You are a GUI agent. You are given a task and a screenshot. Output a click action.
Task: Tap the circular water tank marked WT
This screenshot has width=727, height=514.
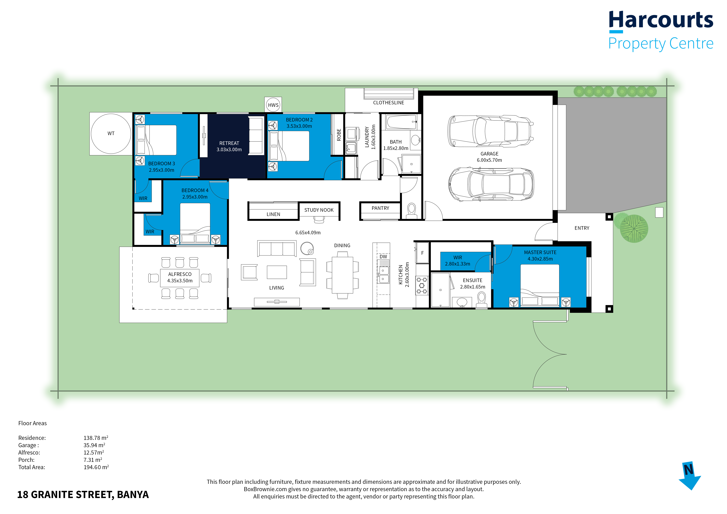coord(111,134)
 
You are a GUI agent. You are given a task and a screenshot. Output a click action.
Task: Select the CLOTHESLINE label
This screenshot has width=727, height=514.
coord(389,103)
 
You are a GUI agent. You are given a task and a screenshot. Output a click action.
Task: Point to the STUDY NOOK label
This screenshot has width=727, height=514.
coord(319,210)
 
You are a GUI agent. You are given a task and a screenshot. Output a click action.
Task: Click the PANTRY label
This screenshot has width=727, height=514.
coord(380,208)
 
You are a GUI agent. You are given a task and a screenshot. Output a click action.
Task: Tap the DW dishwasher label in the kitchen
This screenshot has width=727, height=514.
coord(383,257)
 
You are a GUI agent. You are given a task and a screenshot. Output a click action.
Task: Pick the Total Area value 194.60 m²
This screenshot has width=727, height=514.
coord(96,467)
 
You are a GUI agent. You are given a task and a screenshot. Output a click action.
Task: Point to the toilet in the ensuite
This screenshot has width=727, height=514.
coord(482,300)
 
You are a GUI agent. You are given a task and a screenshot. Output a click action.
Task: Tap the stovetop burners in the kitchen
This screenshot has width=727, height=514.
coord(422,285)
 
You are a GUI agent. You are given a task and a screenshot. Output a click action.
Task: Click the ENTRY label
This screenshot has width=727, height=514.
coord(582,228)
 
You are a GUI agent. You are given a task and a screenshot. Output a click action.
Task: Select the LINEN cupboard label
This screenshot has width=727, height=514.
coord(273,214)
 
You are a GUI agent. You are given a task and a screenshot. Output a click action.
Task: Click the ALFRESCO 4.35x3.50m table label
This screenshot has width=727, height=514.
coord(180,277)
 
